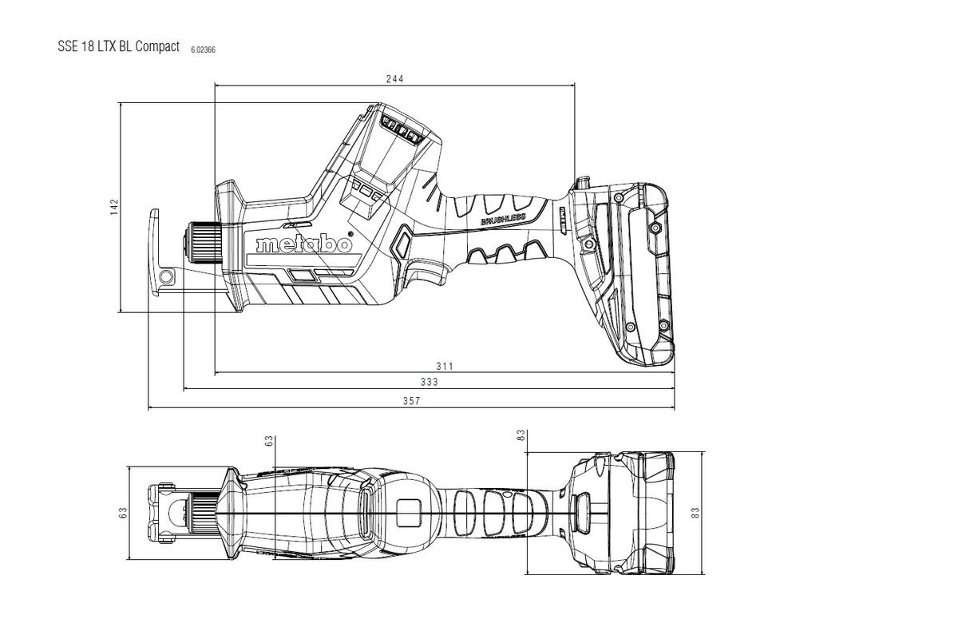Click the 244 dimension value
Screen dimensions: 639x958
click(x=394, y=78)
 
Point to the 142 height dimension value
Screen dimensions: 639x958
click(x=114, y=206)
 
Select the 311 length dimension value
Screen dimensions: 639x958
click(x=445, y=366)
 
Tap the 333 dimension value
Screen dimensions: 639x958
click(x=430, y=383)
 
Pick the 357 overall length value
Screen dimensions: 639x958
click(x=411, y=401)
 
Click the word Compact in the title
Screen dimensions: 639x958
click(x=157, y=46)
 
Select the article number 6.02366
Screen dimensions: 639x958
click(x=203, y=50)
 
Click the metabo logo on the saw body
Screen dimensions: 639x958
click(x=303, y=244)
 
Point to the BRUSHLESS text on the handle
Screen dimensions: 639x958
click(x=503, y=218)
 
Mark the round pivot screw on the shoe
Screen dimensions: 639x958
click(x=166, y=277)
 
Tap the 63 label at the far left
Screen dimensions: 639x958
click(x=124, y=513)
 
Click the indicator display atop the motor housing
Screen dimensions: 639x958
click(x=402, y=128)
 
